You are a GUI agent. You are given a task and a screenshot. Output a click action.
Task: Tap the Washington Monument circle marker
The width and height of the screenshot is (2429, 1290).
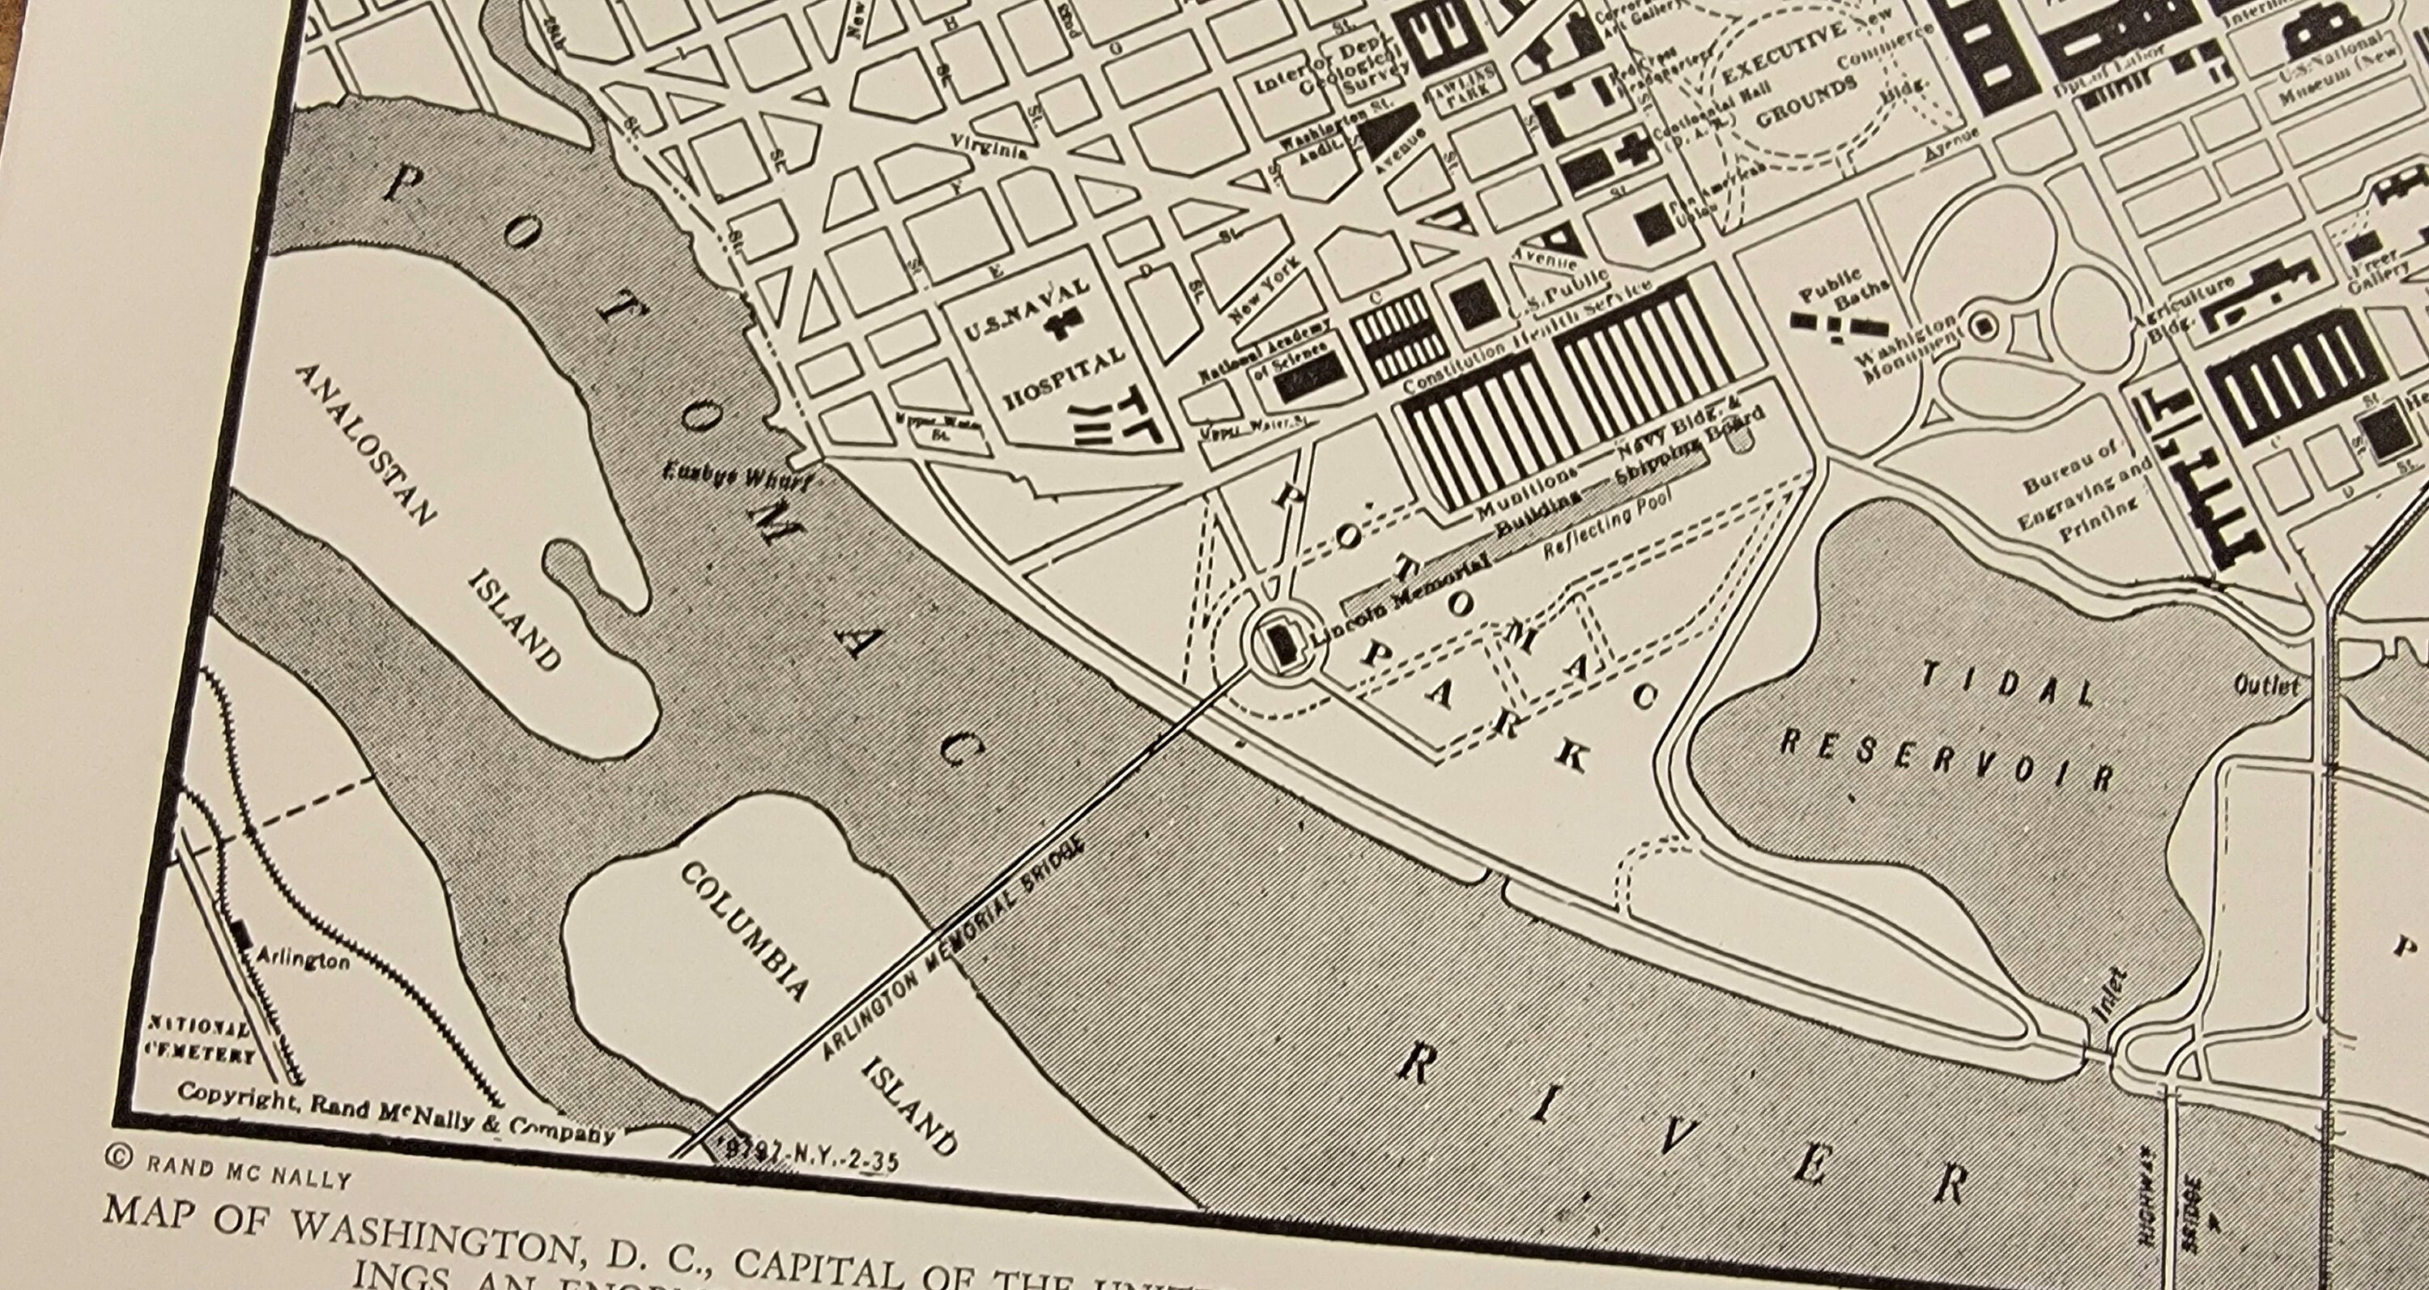1983,326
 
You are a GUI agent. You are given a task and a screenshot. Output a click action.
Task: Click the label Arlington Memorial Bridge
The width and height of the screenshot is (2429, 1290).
952,952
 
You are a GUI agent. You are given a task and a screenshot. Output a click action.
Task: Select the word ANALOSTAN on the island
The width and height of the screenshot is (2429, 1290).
366,444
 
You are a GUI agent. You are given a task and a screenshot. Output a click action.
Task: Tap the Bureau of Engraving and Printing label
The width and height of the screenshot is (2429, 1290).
2086,495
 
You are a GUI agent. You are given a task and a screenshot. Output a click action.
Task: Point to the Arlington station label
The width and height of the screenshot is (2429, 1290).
303,959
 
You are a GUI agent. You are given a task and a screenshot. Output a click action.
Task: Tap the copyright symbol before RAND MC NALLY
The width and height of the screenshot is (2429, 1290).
120,1159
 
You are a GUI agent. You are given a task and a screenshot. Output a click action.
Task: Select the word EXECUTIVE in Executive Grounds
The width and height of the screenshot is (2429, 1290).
1783,56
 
